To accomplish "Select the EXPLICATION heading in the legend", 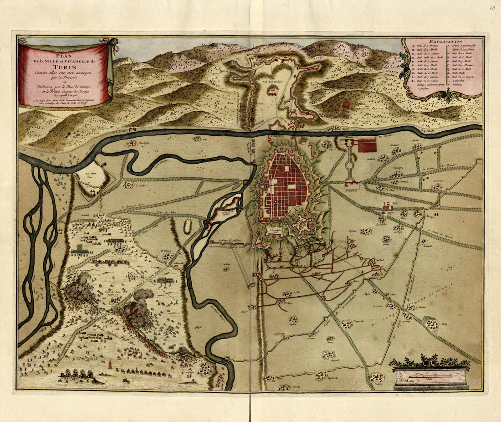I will click(x=442, y=41).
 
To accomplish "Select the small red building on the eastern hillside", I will click(x=346, y=104).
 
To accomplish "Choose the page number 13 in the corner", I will click(x=492, y=7).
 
